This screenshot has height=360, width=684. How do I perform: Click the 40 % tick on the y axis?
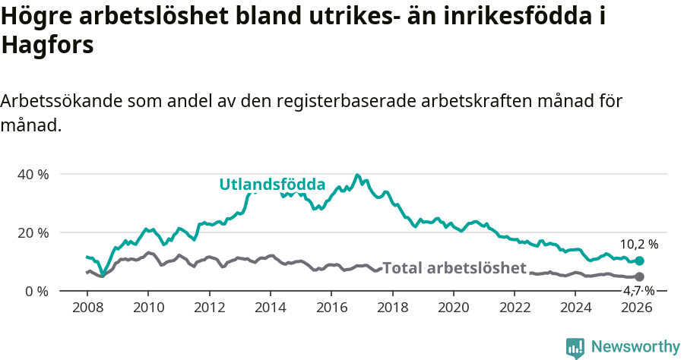pyautogui.click(x=33, y=174)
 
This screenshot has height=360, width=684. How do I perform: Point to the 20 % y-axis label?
pyautogui.click(x=33, y=232)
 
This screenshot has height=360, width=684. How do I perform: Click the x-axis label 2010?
pyautogui.click(x=147, y=307)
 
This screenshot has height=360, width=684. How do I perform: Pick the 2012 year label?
pyautogui.click(x=208, y=307)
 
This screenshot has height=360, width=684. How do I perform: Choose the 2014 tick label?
pyautogui.click(x=270, y=307)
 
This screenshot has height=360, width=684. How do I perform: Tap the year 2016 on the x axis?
pyautogui.click(x=331, y=307)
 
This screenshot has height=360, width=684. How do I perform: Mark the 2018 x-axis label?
pyautogui.click(x=393, y=307)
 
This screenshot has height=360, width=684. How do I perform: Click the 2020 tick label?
pyautogui.click(x=454, y=307)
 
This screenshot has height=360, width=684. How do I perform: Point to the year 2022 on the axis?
pyautogui.click(x=515, y=307)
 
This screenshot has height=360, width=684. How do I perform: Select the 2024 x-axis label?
pyautogui.click(x=577, y=307)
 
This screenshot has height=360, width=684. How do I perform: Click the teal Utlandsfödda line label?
pyautogui.click(x=272, y=185)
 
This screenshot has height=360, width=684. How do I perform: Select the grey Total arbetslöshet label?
pyautogui.click(x=454, y=267)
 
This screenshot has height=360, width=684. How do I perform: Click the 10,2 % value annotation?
pyautogui.click(x=638, y=245)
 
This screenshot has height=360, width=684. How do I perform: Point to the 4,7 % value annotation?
pyautogui.click(x=638, y=291)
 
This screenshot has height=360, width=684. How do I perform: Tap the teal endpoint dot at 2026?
pyautogui.click(x=639, y=261)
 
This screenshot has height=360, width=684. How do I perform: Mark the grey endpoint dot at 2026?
pyautogui.click(x=639, y=276)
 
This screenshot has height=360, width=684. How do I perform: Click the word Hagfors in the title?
pyautogui.click(x=47, y=45)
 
